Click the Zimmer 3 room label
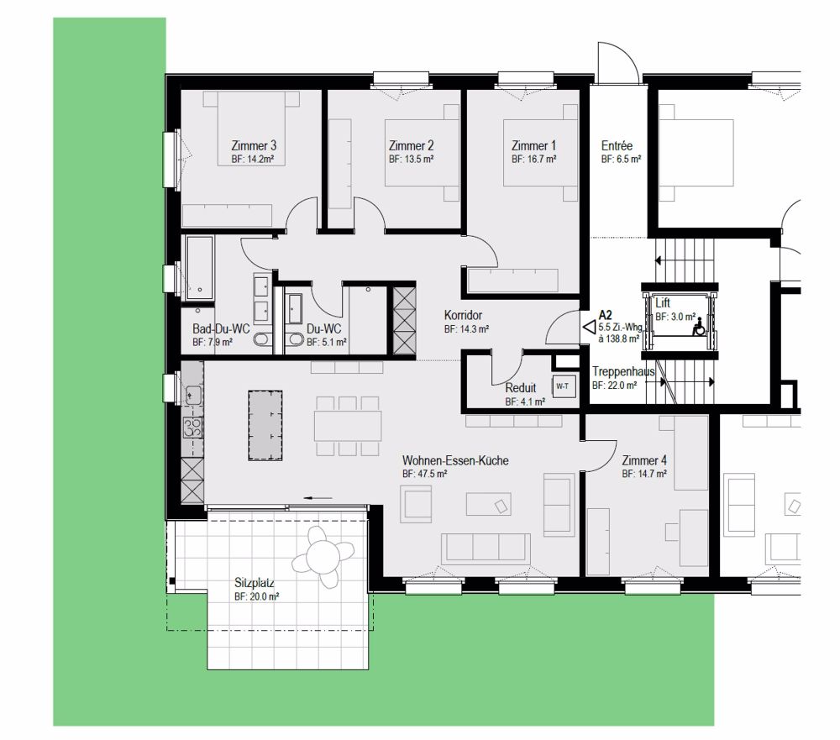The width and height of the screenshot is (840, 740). [254, 145]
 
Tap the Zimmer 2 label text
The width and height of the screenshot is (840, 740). [411, 145]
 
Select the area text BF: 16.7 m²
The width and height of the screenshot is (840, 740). [533, 159]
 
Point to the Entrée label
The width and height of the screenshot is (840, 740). [617, 145]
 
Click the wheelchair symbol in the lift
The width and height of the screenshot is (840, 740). [699, 327]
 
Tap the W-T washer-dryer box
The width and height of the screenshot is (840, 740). [563, 386]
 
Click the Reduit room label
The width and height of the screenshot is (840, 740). [520, 387]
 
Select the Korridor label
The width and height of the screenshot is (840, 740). [463, 315]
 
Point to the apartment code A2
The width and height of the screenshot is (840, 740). [606, 315]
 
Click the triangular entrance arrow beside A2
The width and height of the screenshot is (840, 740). [590, 327]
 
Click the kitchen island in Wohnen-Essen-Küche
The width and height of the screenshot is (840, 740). [265, 425]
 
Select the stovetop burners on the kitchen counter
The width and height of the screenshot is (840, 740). [193, 427]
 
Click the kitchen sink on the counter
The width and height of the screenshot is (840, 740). [193, 396]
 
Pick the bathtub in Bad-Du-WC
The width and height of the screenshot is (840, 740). [199, 268]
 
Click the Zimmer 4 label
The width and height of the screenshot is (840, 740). [644, 460]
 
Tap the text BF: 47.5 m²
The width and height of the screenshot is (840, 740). [424, 474]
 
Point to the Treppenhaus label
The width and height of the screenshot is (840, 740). [623, 371]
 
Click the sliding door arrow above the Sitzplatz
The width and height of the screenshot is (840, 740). [318, 498]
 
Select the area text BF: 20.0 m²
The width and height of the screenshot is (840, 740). [256, 596]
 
